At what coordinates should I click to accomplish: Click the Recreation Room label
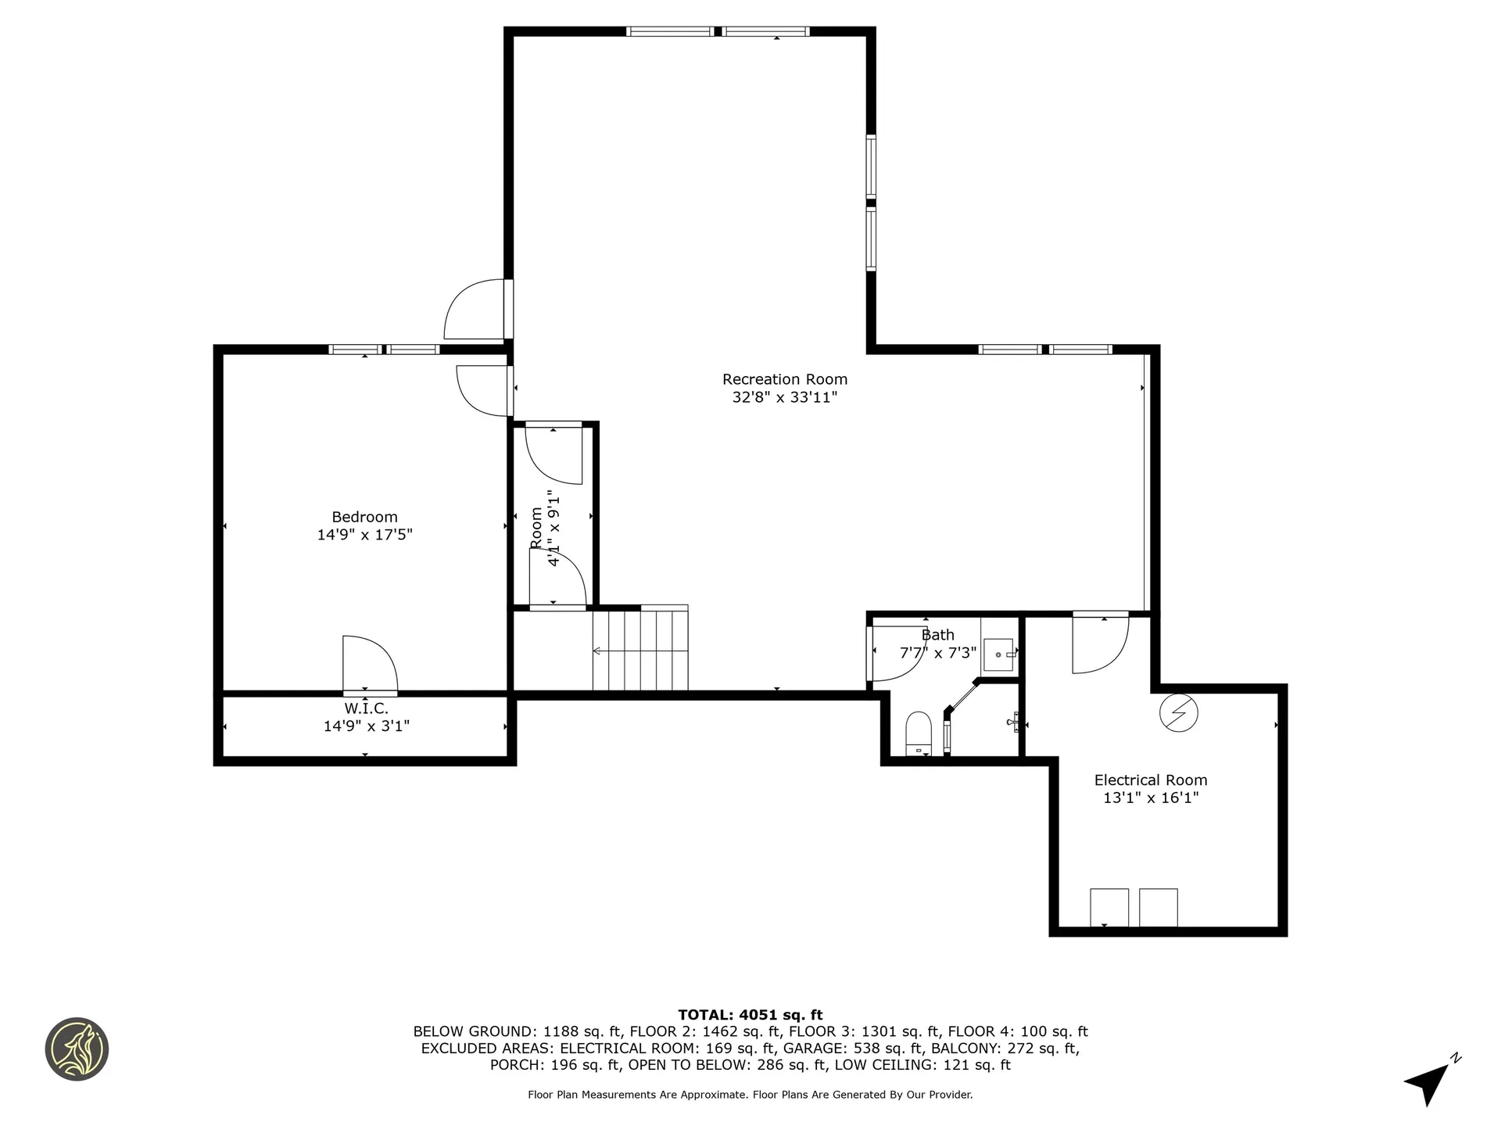click(x=784, y=379)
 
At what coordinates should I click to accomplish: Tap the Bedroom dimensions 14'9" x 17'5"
click(x=364, y=535)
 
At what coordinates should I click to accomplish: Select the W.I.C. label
click(x=366, y=708)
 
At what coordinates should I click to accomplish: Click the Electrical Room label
click(x=1150, y=780)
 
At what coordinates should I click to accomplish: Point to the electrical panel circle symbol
click(x=1178, y=712)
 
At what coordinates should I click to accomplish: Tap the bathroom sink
click(x=998, y=654)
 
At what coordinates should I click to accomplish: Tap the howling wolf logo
click(x=77, y=1049)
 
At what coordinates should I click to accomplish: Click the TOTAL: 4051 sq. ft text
click(x=750, y=1015)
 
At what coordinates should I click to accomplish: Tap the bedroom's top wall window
click(x=383, y=350)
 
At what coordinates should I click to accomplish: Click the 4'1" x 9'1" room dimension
click(x=554, y=528)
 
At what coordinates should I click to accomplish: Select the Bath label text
click(x=937, y=635)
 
